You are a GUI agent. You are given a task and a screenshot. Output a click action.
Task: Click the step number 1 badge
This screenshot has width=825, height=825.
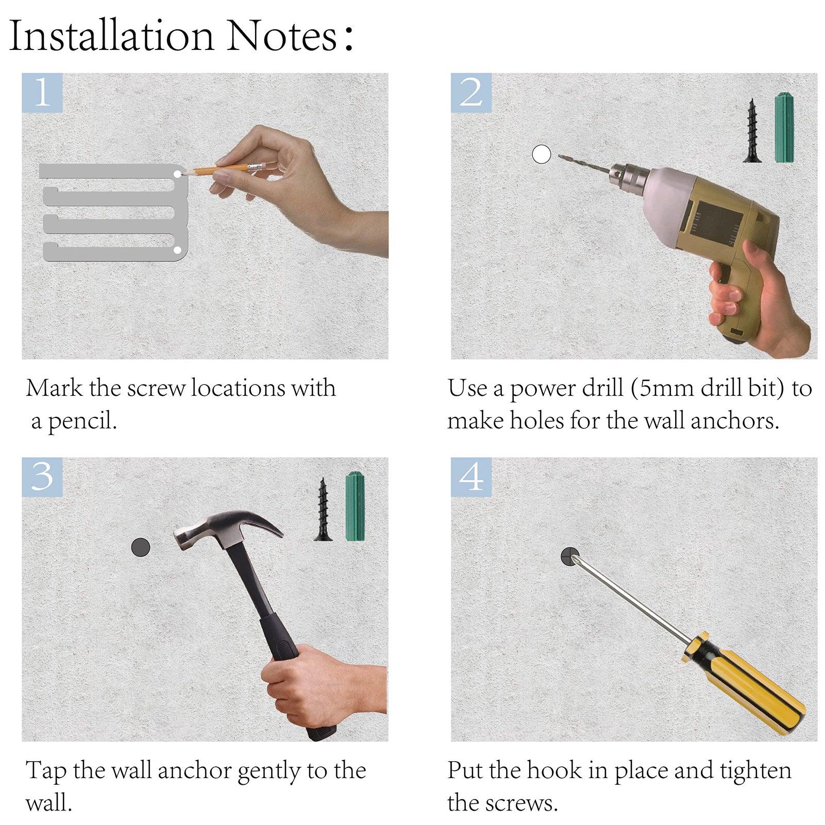click(x=42, y=93)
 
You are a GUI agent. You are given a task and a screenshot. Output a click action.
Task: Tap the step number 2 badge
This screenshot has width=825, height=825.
click(x=471, y=93)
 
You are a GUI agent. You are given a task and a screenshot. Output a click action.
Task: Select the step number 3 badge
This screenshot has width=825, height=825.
click(x=42, y=477)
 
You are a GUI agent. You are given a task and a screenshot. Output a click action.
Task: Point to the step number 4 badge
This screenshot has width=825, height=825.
click(x=471, y=477)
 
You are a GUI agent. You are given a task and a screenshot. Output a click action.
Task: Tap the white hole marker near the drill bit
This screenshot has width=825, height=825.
click(x=541, y=154)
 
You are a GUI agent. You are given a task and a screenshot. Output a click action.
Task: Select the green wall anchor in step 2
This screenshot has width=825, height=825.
click(x=784, y=127)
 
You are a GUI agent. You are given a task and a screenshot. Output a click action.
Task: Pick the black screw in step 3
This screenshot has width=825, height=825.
click(x=323, y=509)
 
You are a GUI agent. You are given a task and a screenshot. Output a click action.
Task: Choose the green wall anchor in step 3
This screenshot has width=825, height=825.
click(x=355, y=506)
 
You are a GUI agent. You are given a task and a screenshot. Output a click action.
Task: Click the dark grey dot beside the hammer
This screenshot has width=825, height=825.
click(x=141, y=547)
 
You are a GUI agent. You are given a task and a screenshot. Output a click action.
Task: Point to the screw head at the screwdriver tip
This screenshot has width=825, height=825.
click(x=570, y=557)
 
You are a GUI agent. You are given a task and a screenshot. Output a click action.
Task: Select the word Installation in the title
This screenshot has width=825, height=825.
click(x=111, y=36)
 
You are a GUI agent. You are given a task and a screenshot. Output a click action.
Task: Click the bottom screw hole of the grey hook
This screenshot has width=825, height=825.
click(x=177, y=250)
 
